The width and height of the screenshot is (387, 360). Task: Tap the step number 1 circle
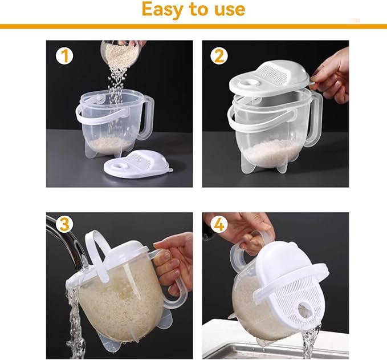(x=64, y=56)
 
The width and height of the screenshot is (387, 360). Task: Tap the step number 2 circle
(x=219, y=56)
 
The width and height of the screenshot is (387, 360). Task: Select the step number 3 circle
(x=64, y=224)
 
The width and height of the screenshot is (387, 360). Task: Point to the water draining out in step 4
(x=311, y=341)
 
